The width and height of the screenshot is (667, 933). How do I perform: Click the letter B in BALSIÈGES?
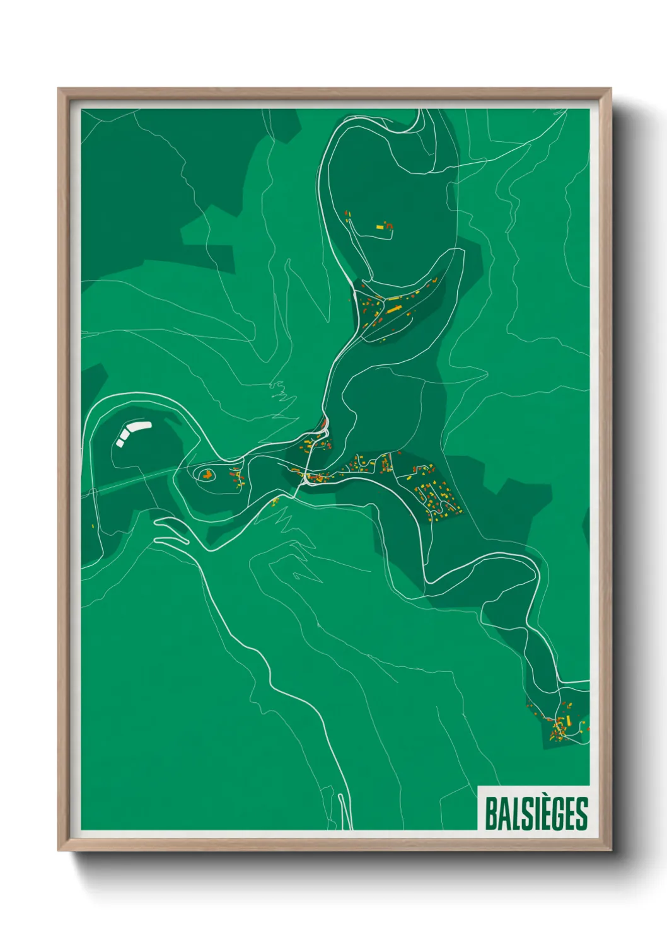click(x=491, y=813)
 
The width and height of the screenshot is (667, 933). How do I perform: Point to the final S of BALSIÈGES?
click(x=582, y=813)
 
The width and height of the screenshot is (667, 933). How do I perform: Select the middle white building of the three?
click(x=124, y=435)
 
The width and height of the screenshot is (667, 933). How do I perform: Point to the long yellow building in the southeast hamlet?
click(x=568, y=719)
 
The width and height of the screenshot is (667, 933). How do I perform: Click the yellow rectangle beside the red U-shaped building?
click(x=380, y=226)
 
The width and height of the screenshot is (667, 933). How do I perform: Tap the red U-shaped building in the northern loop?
click(x=388, y=224)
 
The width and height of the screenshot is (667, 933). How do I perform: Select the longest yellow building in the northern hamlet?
click(x=394, y=309)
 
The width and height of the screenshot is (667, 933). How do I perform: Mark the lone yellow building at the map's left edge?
click(x=93, y=526)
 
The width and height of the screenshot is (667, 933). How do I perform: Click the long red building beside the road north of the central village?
click(x=323, y=422)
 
